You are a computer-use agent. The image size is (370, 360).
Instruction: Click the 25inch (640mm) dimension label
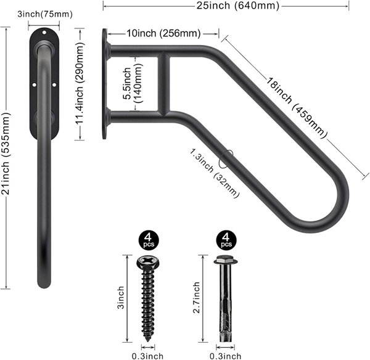238,6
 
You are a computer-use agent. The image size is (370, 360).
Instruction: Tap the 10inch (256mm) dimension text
164,33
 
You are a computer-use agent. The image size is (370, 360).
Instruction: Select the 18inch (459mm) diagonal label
297,108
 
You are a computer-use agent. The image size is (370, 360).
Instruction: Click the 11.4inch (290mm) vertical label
80,83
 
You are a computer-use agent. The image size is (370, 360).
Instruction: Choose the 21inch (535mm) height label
6,153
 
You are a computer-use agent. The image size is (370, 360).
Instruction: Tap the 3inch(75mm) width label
45,14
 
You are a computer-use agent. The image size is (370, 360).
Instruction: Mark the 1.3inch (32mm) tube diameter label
215,173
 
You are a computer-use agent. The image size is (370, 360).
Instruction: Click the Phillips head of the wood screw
149,262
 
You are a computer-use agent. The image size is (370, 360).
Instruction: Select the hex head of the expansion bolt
226,260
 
